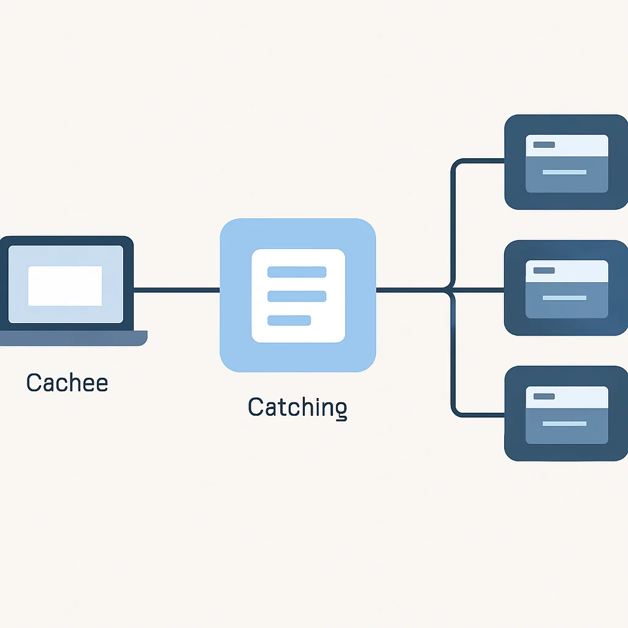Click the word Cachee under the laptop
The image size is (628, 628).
pyautogui.click(x=67, y=383)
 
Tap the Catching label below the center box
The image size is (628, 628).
pyautogui.click(x=297, y=408)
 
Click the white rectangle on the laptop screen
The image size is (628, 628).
pyautogui.click(x=65, y=286)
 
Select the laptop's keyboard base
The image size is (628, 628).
pyautogui.click(x=74, y=338)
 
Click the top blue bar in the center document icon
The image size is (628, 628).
pyautogui.click(x=297, y=272)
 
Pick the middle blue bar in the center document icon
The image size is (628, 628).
pyautogui.click(x=297, y=296)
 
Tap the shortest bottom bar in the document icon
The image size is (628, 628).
pyautogui.click(x=289, y=320)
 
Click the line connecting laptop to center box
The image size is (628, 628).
pyautogui.click(x=177, y=290)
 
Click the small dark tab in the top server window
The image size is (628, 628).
pyautogui.click(x=544, y=145)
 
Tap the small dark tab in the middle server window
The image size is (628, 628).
pyautogui.click(x=544, y=270)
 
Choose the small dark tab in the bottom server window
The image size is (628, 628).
pyautogui.click(x=544, y=396)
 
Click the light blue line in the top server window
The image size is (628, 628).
pyautogui.click(x=564, y=172)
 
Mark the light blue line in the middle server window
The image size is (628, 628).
pyautogui.click(x=564, y=297)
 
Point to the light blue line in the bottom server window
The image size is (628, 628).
pyautogui.click(x=564, y=423)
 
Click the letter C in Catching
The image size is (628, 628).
pyautogui.click(x=256, y=407)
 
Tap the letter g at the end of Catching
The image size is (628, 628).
pyautogui.click(x=341, y=411)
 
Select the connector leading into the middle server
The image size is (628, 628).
pyautogui.click(x=478, y=290)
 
